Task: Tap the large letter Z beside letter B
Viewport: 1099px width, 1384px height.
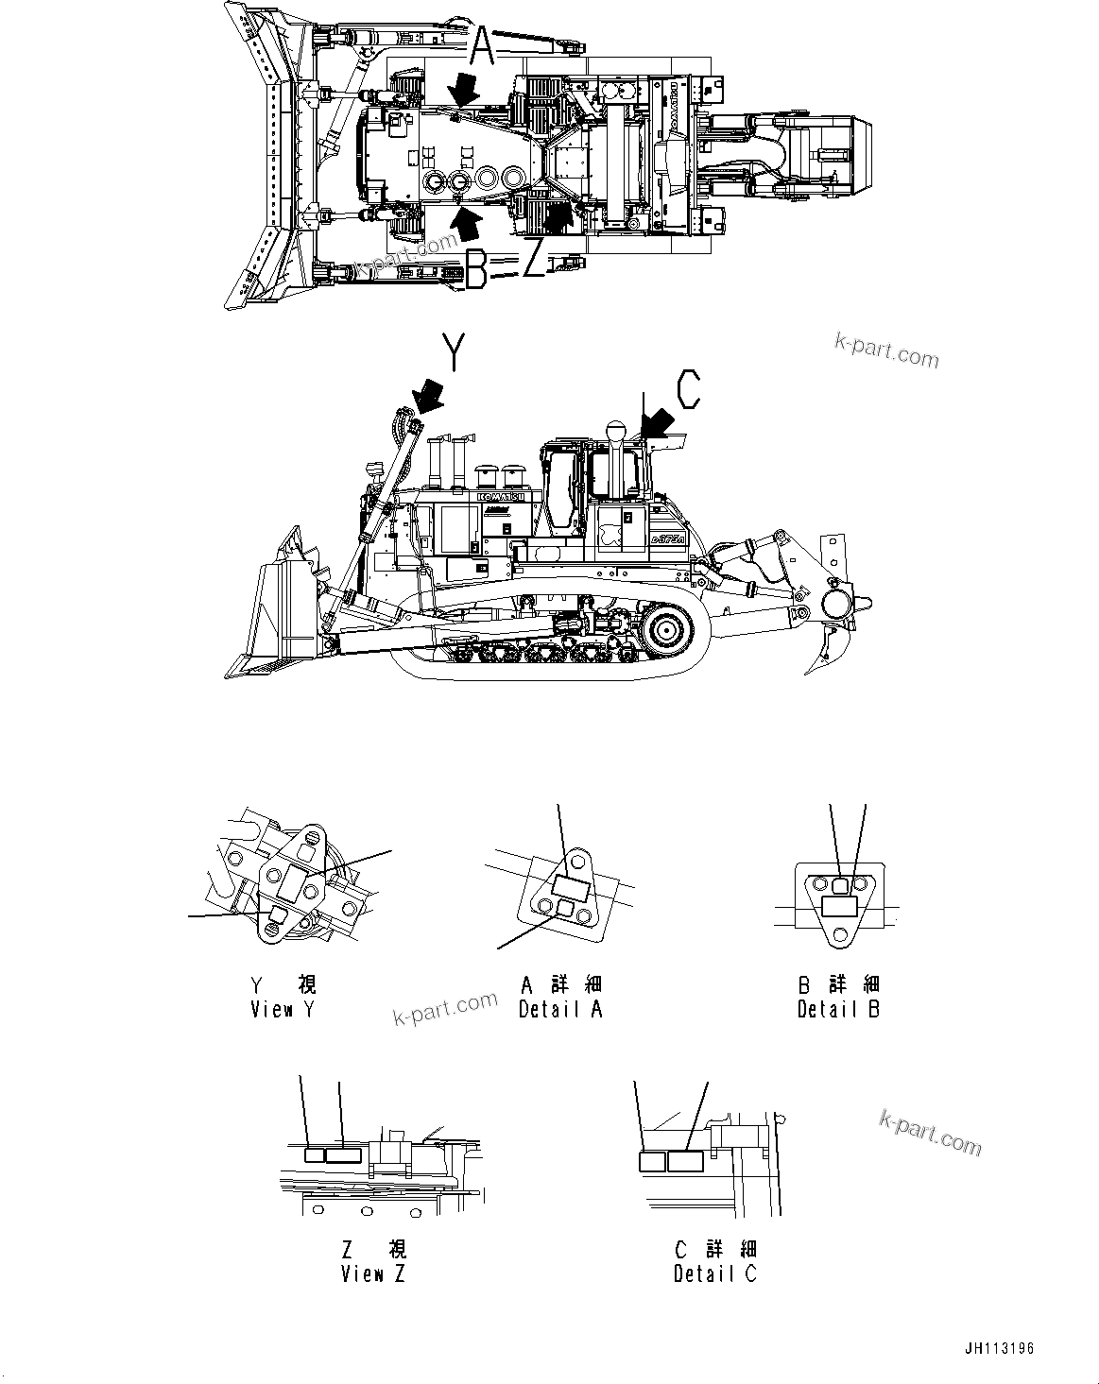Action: pyautogui.click(x=534, y=260)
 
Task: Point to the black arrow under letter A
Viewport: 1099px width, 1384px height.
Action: pyautogui.click(x=465, y=90)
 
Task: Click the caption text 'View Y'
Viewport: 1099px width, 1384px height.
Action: pyautogui.click(x=283, y=1010)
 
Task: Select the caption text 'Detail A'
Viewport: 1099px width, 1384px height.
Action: pyautogui.click(x=560, y=1010)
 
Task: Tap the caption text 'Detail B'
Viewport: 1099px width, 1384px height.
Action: pyautogui.click(x=838, y=1010)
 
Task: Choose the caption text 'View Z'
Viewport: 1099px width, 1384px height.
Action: pyautogui.click(x=373, y=1273)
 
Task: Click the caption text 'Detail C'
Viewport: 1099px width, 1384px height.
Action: pyautogui.click(x=715, y=1273)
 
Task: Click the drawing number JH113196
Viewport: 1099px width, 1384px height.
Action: pyautogui.click(x=998, y=1348)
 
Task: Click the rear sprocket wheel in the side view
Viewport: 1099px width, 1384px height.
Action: pyautogui.click(x=665, y=628)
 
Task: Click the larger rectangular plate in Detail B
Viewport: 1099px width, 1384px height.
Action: pyautogui.click(x=840, y=906)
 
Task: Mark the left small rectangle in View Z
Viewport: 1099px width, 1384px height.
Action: pyautogui.click(x=314, y=1154)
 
